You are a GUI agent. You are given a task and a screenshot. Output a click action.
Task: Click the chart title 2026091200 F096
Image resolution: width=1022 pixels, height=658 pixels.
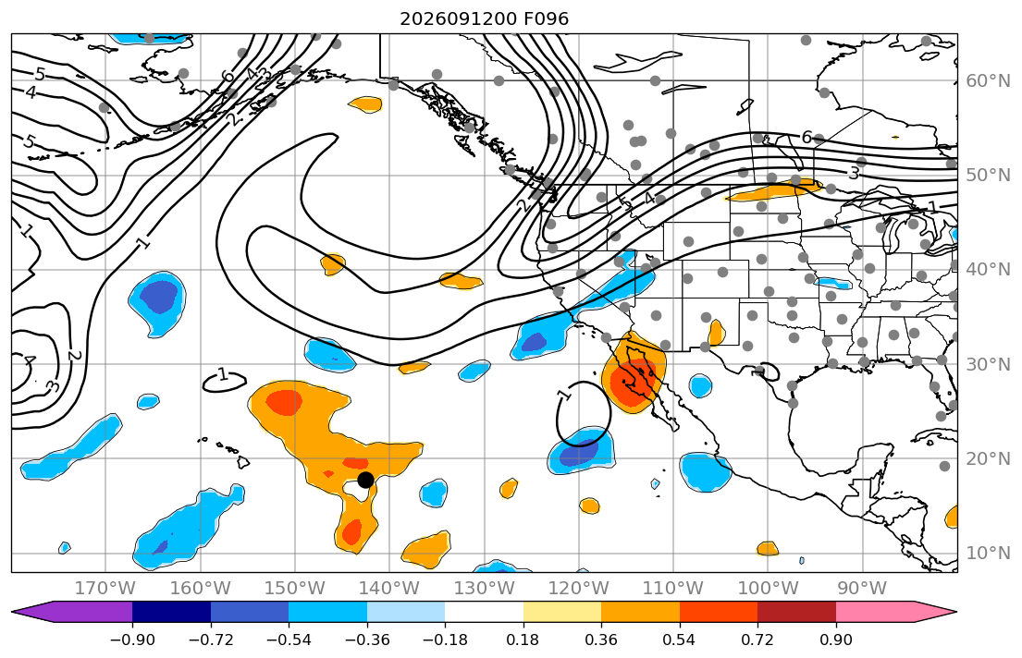coord(484,18)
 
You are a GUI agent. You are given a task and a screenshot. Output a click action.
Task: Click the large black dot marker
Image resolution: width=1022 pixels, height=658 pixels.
coord(365,481)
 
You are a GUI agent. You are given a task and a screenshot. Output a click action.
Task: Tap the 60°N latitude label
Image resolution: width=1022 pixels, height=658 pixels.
coord(988,80)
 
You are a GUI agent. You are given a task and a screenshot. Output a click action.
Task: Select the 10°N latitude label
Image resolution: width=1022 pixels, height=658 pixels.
coord(988,554)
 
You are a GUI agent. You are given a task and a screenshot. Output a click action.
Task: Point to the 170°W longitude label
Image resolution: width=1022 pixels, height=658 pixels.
coord(105,589)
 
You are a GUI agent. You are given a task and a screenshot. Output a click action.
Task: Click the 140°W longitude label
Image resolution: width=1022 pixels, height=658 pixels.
coord(389,589)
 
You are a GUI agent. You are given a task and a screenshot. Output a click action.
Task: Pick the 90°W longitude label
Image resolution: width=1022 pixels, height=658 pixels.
coord(862,589)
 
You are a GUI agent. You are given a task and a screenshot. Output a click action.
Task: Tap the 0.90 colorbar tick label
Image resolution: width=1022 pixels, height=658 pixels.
coord(835,640)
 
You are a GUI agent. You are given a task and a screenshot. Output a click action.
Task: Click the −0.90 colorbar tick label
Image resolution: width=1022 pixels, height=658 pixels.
coord(132,640)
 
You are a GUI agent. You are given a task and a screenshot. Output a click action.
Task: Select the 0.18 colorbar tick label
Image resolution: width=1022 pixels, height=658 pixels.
coord(523,640)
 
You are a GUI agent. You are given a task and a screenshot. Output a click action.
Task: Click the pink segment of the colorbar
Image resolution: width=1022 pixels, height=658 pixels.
coord(875,612)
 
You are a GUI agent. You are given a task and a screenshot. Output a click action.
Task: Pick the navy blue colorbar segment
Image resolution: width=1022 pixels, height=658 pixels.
coord(171,612)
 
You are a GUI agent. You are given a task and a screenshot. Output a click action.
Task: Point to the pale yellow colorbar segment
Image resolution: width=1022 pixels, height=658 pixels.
coord(561,612)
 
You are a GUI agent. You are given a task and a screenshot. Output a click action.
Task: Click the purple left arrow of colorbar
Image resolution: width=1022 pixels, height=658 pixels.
coord(72,612)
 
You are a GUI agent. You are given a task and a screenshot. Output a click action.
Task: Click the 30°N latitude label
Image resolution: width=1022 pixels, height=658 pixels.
coord(988,364)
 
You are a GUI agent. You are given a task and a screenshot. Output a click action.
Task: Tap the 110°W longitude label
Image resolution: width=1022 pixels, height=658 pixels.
coord(673,589)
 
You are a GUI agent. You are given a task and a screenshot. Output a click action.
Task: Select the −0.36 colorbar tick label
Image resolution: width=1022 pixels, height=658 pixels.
coord(367,640)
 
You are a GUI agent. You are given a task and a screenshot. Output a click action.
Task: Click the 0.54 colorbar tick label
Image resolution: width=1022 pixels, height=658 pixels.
coord(679,640)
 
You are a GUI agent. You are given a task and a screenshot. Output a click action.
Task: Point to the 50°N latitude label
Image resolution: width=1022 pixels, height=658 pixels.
coord(988,176)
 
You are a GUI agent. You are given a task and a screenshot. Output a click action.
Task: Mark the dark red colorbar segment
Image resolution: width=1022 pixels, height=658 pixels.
coord(796,612)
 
